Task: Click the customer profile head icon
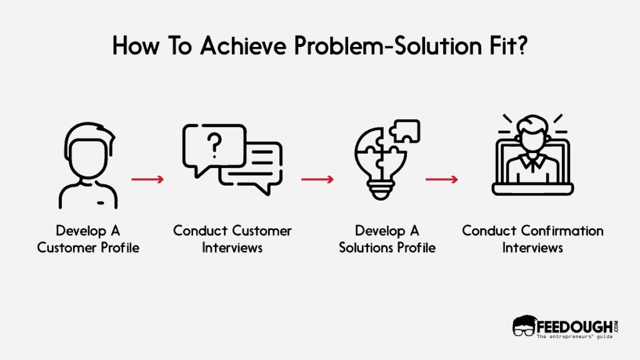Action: coord(88,166)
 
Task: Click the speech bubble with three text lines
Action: coord(252,163)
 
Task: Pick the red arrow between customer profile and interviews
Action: coord(147,179)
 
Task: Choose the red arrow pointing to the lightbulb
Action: coord(317,179)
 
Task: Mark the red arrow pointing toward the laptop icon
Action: coord(442,179)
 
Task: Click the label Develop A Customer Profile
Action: coord(88,239)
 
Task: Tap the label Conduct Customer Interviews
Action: coord(232,239)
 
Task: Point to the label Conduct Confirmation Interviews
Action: coord(532,239)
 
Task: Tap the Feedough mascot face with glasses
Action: coord(524,327)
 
